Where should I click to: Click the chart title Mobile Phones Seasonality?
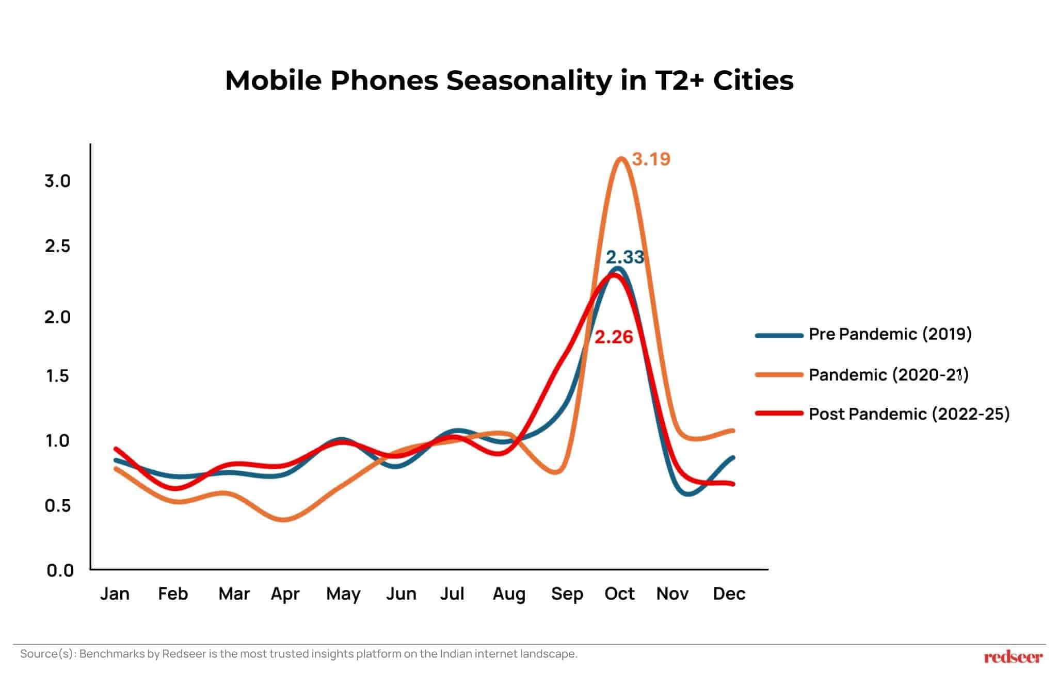[509, 81]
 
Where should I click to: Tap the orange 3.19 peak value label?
[651, 159]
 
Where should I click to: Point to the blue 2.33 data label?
[624, 257]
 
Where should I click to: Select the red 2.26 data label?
[614, 337]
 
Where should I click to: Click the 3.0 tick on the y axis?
[57, 181]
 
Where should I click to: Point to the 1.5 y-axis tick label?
[57, 376]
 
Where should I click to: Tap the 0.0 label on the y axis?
[60, 571]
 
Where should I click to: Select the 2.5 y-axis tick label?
[57, 246]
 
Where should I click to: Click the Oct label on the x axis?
[619, 594]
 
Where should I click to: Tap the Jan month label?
[115, 594]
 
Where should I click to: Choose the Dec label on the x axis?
[729, 594]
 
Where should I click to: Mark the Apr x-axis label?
[285, 595]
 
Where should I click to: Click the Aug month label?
[509, 595]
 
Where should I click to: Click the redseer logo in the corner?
[1013, 657]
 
